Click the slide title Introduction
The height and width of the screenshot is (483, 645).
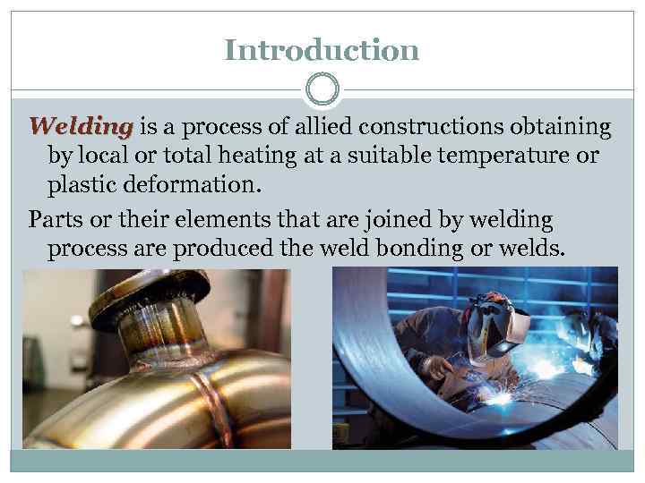tap(322, 49)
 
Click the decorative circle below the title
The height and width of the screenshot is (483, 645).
tap(322, 90)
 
